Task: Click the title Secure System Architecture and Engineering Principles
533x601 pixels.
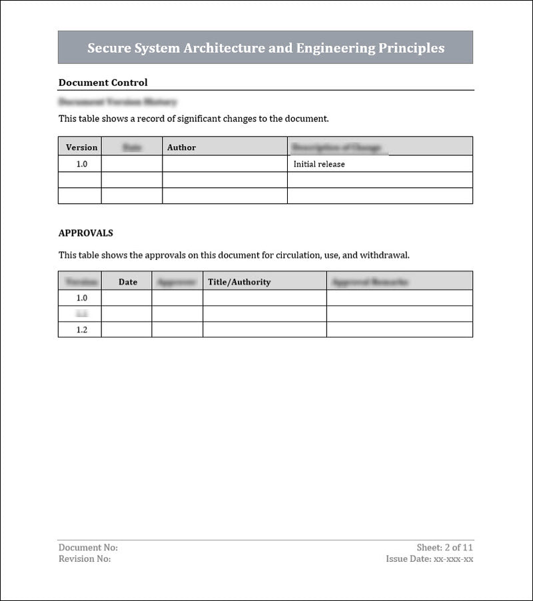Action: click(266, 48)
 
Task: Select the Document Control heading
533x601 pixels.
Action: click(103, 83)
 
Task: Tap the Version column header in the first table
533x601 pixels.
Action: click(81, 147)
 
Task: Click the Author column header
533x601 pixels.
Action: click(181, 147)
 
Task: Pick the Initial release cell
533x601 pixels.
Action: click(319, 164)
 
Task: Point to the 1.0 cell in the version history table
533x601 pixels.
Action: click(81, 164)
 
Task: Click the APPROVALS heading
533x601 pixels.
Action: click(85, 233)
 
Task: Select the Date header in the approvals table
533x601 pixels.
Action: click(128, 282)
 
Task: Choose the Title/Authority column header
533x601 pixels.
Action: click(239, 282)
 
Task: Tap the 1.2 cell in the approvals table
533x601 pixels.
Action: click(81, 330)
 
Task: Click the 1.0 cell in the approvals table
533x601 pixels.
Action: click(81, 298)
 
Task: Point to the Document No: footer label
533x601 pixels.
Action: click(88, 548)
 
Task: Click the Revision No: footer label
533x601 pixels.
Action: click(85, 559)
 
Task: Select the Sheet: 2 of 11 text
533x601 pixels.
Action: click(445, 548)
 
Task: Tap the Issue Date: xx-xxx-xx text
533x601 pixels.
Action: click(430, 559)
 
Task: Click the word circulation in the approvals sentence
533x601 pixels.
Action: click(298, 255)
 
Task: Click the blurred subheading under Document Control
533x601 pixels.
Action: click(117, 102)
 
